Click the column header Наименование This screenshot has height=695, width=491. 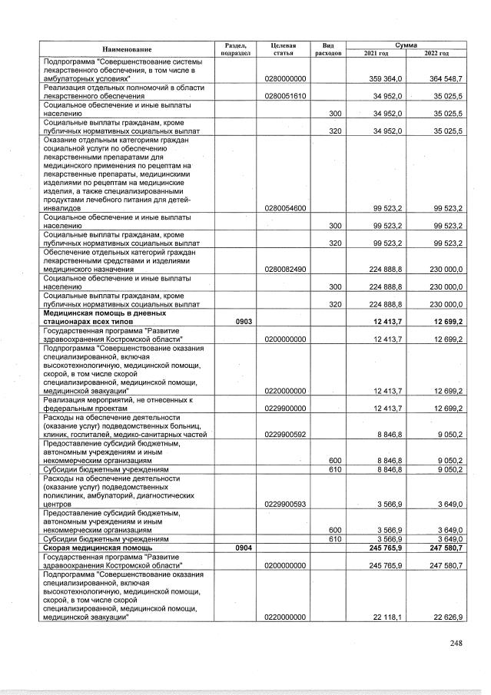click(x=126, y=49)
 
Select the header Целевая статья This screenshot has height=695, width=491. click(x=284, y=49)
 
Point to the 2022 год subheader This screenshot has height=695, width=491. click(x=436, y=53)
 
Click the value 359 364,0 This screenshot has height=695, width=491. click(x=382, y=78)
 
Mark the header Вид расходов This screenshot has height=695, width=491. click(x=328, y=49)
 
